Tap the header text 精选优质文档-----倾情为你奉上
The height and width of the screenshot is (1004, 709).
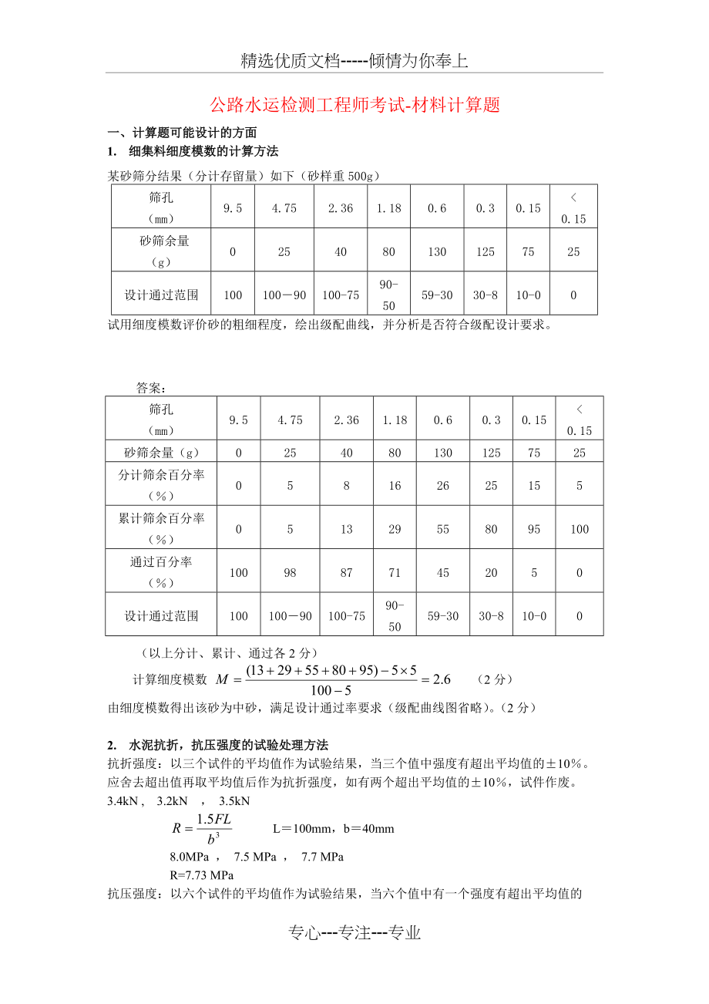[354, 62]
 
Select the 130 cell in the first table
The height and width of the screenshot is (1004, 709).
[437, 251]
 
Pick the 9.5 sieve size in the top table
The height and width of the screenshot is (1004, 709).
[233, 208]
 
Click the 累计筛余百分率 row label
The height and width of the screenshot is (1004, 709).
[162, 528]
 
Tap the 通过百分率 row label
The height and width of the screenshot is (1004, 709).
[162, 571]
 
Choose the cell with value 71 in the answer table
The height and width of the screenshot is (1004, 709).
[395, 573]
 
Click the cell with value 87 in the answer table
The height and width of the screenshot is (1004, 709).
[347, 573]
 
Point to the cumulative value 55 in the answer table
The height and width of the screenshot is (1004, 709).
[442, 529]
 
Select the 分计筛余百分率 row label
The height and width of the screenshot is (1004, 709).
[162, 484]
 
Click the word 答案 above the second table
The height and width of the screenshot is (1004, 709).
[151, 387]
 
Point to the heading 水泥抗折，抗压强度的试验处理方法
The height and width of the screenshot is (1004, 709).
[229, 745]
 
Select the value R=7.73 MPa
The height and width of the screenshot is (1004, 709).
[201, 875]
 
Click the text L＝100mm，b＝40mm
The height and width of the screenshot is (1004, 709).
[333, 829]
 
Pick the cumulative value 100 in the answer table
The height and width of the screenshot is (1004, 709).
[580, 529]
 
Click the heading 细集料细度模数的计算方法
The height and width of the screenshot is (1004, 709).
[203, 151]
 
